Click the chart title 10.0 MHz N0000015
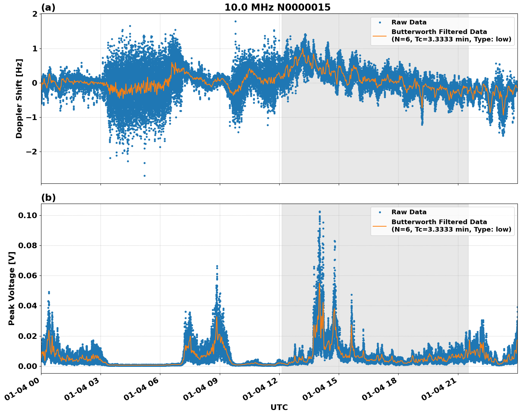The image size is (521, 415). (277, 7)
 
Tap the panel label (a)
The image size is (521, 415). (48, 7)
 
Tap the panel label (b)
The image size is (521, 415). (48, 198)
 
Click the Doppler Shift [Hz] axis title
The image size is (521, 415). (19, 98)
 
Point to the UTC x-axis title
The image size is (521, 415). (279, 407)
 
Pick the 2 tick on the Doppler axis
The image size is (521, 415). (35, 14)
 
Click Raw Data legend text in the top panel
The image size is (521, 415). (409, 22)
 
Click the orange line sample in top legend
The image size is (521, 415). (379, 36)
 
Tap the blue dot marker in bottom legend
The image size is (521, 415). (379, 212)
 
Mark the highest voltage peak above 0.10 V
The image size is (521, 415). (320, 212)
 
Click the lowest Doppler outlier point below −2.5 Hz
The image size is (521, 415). (144, 176)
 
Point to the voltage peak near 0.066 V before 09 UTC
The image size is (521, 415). (217, 266)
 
